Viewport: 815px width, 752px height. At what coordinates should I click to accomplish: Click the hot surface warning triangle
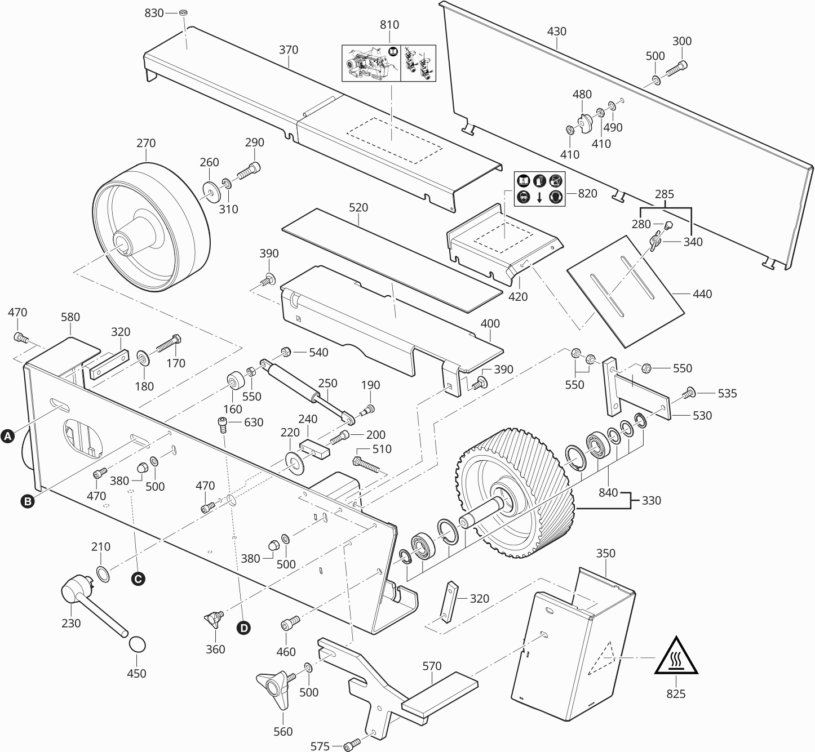coord(676,657)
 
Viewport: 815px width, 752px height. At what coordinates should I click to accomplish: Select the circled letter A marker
coord(8,436)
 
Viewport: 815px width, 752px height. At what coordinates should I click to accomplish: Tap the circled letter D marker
coord(243,628)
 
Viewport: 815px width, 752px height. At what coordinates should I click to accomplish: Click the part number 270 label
coord(146,143)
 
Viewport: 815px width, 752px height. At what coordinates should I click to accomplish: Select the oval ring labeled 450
coord(136,644)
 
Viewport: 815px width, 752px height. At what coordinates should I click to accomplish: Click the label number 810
coord(389,25)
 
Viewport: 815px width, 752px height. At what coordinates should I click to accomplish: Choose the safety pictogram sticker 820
coord(539,189)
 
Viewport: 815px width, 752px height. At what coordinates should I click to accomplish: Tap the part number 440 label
coord(702,293)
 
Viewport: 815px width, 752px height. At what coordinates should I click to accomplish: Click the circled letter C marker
coord(138,578)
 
